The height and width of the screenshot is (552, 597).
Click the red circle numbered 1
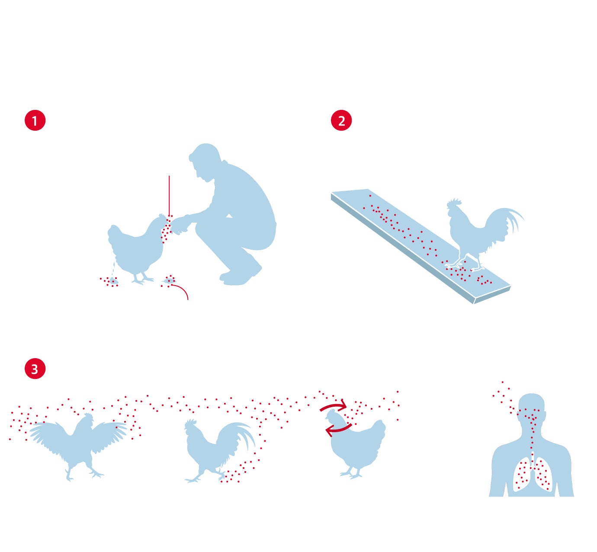pos(35,120)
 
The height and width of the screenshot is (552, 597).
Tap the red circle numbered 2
pos(341,120)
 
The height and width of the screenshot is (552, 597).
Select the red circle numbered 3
pos(35,369)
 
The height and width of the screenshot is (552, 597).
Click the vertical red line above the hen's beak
pos(169,196)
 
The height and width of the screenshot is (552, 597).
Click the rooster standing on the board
pos(481,234)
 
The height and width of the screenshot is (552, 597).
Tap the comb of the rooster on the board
pos(455,202)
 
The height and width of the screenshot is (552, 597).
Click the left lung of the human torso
pos(523,475)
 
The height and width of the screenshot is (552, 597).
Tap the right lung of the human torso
pos(543,475)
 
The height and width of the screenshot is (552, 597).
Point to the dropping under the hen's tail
pos(113,281)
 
